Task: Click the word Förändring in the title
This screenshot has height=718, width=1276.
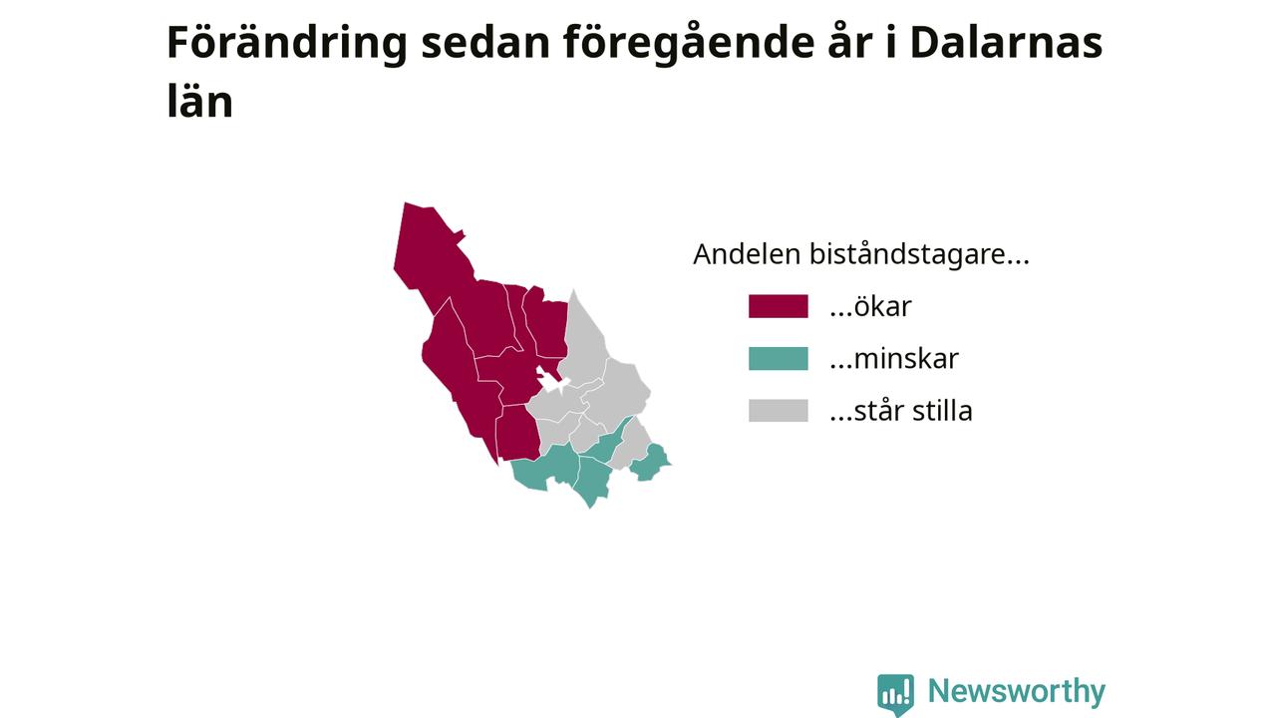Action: tap(286, 43)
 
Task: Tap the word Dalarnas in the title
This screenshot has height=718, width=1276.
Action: tap(1007, 43)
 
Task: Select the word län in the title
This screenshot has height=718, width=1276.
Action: tap(200, 102)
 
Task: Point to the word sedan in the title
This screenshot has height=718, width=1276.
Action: tap(485, 43)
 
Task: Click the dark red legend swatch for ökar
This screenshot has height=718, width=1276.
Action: tap(779, 306)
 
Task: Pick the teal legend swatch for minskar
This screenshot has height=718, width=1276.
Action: tap(779, 358)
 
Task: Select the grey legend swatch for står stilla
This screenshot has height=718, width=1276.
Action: tap(779, 410)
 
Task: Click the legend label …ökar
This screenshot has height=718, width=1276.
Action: tap(870, 306)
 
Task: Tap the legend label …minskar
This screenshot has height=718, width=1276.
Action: tap(894, 358)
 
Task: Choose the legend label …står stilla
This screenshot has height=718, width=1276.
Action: tap(901, 410)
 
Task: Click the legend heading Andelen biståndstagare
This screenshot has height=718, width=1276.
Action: tap(860, 254)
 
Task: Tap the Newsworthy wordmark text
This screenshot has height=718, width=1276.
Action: tap(1016, 691)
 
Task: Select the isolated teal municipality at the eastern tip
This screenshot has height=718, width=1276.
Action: tap(651, 463)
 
